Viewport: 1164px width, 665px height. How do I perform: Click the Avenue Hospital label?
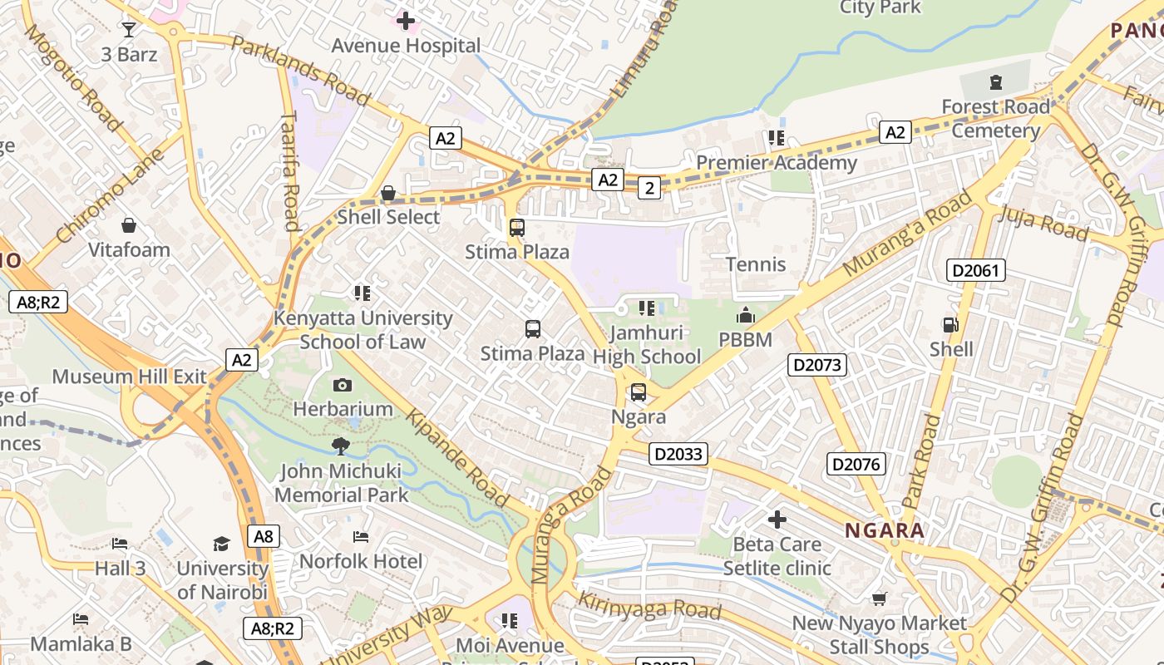tap(406, 46)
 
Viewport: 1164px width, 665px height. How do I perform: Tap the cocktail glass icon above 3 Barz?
tap(128, 30)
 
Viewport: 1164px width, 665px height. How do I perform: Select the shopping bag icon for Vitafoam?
tap(129, 225)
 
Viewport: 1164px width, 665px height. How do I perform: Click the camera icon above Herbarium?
tap(342, 385)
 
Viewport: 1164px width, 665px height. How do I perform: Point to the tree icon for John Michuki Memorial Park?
tap(341, 446)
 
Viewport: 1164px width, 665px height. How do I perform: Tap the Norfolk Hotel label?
tap(361, 561)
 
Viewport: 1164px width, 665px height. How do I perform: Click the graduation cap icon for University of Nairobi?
tap(221, 544)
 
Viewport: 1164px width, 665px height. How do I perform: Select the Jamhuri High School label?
tap(646, 345)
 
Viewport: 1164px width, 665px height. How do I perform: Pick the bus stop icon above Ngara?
tap(639, 392)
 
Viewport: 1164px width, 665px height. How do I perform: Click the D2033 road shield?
tap(678, 454)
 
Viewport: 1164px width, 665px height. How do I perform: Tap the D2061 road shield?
tap(976, 270)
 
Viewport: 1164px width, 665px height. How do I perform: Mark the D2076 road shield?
tap(856, 464)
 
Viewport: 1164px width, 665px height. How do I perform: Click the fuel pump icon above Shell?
tap(950, 325)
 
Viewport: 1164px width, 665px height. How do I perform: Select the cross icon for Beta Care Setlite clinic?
tap(777, 520)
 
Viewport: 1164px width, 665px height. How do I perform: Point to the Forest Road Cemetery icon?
tap(995, 82)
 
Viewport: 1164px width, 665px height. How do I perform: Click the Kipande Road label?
tap(456, 458)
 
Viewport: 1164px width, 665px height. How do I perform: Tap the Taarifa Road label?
tap(290, 171)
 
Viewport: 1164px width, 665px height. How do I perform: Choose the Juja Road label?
tap(1043, 223)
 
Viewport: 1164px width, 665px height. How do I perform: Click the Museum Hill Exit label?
tap(129, 377)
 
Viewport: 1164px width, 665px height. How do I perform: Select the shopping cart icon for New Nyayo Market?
tap(880, 598)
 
